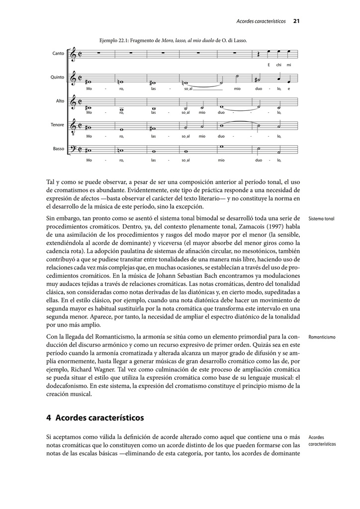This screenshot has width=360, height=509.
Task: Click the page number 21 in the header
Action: [x=296, y=21]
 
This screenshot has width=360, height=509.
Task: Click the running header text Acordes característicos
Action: [x=261, y=21]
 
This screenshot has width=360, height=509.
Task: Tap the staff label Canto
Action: [x=58, y=53]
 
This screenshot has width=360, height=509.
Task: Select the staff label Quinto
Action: [x=57, y=77]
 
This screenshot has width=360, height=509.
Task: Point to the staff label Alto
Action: [x=60, y=101]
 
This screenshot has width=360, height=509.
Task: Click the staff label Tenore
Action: [x=57, y=125]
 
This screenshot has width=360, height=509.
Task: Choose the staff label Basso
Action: [x=58, y=149]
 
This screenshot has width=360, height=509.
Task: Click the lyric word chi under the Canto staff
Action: [x=279, y=65]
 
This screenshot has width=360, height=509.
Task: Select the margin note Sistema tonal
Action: [x=322, y=219]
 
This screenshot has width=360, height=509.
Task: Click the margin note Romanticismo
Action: [x=322, y=337]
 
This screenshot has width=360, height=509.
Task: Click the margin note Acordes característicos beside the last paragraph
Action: [x=322, y=441]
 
